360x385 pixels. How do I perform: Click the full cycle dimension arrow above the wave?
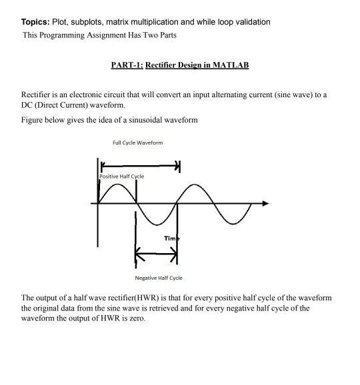(140, 165)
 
